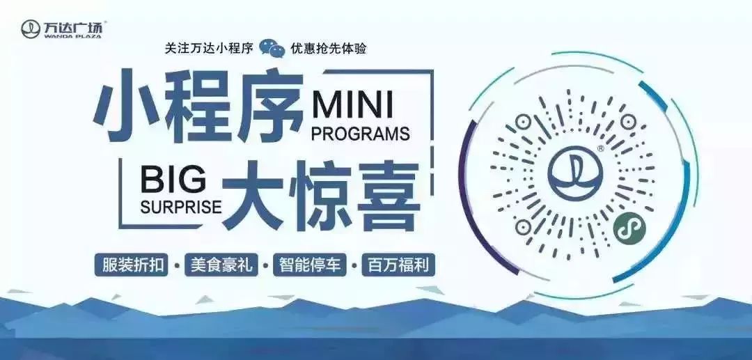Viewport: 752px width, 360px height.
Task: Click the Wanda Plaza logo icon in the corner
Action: click(x=30, y=29)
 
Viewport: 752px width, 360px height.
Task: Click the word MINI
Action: click(x=352, y=105)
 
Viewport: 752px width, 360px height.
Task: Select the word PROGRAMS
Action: click(x=361, y=134)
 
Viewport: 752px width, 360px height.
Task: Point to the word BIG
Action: click(x=173, y=180)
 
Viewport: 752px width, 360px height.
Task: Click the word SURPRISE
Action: click(x=181, y=206)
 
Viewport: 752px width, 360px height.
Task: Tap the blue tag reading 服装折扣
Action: click(x=132, y=265)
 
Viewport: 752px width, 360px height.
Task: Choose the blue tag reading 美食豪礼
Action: click(x=221, y=265)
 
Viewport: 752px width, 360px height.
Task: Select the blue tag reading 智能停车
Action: click(x=310, y=265)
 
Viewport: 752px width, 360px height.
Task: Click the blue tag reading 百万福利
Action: click(x=398, y=265)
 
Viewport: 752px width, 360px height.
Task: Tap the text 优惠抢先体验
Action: click(x=329, y=49)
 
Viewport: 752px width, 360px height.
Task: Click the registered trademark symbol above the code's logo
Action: click(x=601, y=149)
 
